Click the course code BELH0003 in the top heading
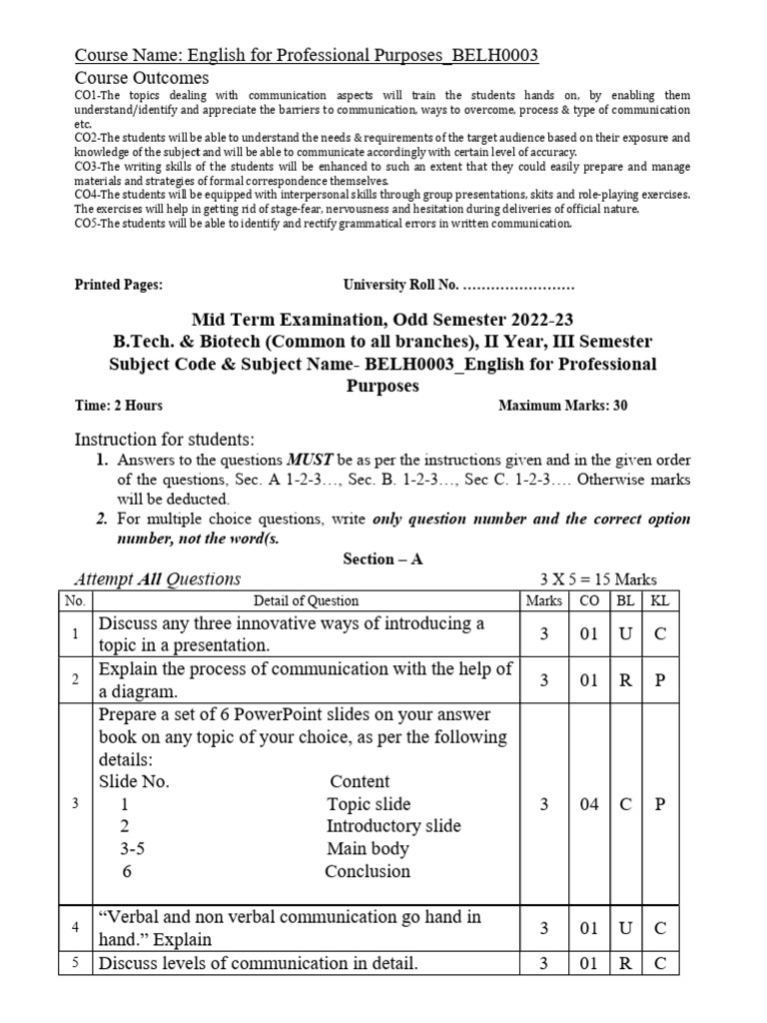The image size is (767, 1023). coord(495,55)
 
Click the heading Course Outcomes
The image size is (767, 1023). coord(142,78)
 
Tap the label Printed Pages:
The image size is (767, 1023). coord(119,285)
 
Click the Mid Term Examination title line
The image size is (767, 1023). coord(383,320)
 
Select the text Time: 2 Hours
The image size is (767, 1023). coord(119,406)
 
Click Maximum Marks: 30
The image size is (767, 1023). coord(562,406)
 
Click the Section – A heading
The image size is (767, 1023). coord(383,559)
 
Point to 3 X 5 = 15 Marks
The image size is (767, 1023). coord(597,579)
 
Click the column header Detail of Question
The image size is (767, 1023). coord(306,600)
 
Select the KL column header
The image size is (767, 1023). coord(659,600)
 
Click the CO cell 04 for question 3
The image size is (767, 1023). coord(588,804)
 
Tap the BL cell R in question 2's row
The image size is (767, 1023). coord(625,680)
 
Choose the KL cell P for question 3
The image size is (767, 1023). coord(659,804)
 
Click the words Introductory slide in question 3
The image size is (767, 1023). coord(393,826)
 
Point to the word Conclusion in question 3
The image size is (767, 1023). coord(368,871)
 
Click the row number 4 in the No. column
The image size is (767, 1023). coord(75,928)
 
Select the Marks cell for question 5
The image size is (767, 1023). coord(544,964)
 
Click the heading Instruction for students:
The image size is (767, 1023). coord(165,440)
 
